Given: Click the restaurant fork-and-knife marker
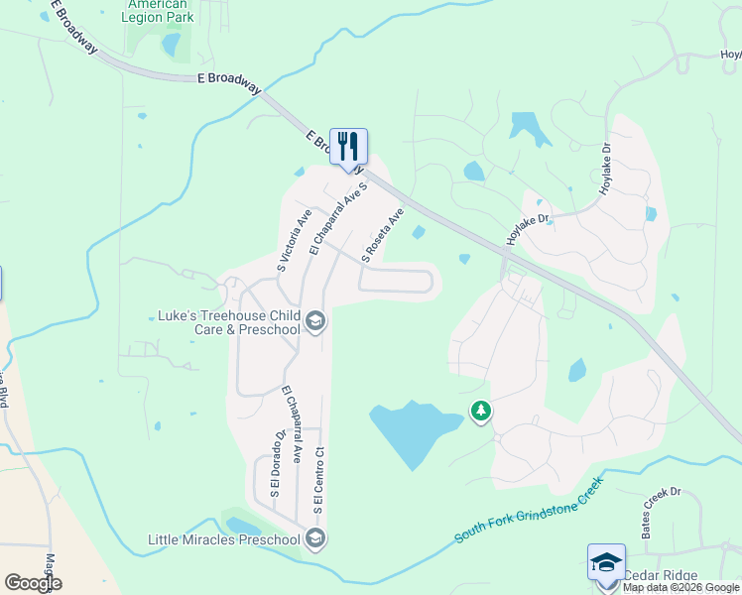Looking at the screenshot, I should (348, 146).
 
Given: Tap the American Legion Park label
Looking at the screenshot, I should (159, 11).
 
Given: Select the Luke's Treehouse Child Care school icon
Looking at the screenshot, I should (315, 320).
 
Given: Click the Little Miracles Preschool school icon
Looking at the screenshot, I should (315, 538).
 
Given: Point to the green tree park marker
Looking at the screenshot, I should (481, 410).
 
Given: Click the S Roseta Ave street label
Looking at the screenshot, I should (383, 235).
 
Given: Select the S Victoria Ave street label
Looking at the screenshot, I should (295, 239).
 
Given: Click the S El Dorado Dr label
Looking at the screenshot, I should (277, 464).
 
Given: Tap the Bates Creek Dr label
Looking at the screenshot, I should (661, 512).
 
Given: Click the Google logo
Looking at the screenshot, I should (33, 582).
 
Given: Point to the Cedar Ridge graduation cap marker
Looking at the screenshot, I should (606, 562).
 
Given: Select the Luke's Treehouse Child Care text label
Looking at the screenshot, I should (229, 322).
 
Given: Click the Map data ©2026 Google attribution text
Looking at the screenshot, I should (680, 587).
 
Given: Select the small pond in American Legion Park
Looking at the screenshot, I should (171, 45).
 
